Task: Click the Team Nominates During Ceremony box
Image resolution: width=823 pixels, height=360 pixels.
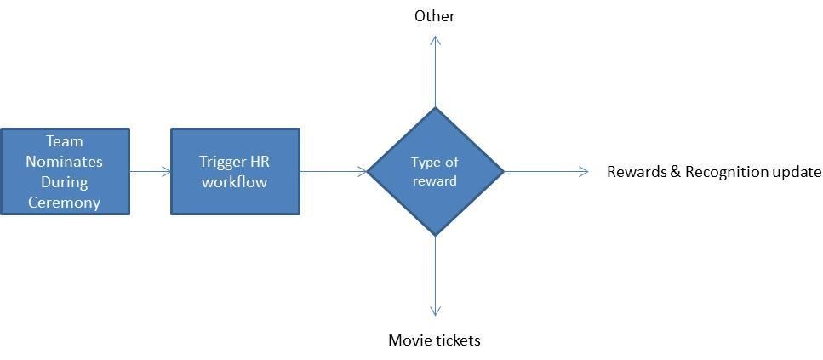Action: pos(65,171)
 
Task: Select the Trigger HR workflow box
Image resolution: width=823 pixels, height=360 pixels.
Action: pos(235,171)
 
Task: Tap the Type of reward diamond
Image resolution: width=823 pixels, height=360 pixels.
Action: pos(435,171)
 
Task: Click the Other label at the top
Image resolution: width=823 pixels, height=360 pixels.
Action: pos(434,16)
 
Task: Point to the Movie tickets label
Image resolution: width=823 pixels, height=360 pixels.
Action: pos(434,340)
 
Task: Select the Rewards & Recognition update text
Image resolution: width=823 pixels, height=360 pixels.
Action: pos(713,172)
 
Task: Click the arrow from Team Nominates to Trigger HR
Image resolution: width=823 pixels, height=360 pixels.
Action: pos(150,172)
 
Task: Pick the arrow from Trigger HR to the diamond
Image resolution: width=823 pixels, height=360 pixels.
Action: pos(333,172)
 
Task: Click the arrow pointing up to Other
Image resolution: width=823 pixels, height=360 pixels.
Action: pos(435,71)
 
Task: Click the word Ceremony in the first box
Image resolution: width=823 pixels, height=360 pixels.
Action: pos(65,203)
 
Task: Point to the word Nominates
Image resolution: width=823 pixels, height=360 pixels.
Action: pos(65,162)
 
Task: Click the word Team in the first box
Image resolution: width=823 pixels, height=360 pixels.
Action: pos(65,141)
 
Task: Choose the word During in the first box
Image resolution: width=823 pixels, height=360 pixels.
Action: pos(65,182)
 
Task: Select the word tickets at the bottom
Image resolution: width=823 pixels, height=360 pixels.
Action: pos(458,340)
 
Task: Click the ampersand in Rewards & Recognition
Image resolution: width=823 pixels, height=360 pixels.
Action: pos(676,172)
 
